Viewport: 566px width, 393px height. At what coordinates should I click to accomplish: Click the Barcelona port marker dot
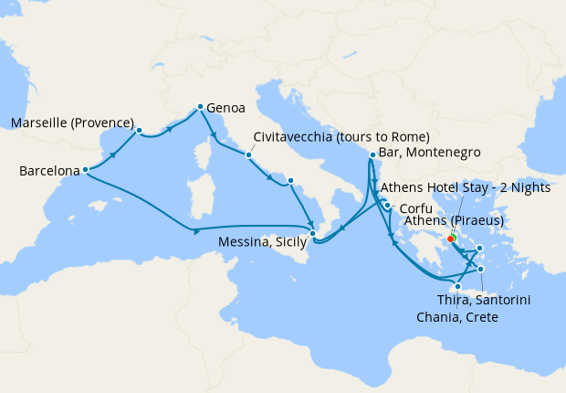point(85,169)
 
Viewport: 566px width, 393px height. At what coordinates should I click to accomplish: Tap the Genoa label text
point(225,107)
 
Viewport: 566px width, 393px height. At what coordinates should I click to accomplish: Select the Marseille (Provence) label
point(72,122)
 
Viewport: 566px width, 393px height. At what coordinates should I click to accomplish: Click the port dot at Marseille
point(139,130)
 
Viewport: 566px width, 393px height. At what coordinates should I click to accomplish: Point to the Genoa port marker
point(200,107)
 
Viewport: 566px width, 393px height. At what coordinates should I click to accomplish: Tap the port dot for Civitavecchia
point(247,154)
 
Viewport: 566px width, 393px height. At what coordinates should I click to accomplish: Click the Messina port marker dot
point(313,233)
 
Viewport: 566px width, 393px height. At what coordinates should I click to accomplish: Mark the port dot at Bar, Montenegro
point(372,154)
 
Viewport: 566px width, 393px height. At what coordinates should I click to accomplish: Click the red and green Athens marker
point(451,239)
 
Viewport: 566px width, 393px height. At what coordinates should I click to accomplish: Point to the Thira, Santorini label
point(485,299)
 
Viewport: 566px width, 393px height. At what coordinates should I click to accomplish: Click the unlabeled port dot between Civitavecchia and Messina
point(290,181)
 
